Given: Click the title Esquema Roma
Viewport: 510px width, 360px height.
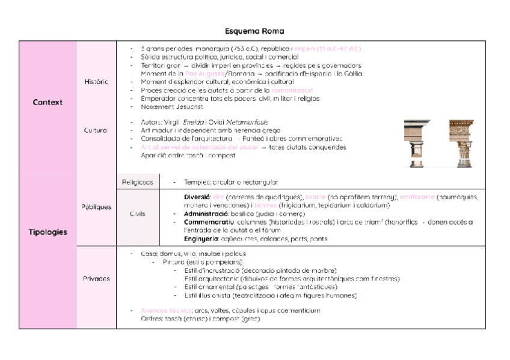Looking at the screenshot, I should (254, 31).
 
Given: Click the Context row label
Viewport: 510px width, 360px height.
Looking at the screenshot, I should (48, 102).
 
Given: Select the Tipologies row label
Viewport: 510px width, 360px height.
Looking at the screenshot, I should (48, 232).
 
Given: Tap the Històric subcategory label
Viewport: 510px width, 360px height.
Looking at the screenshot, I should (96, 82).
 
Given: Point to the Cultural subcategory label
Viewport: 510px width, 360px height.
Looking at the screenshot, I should (96, 130).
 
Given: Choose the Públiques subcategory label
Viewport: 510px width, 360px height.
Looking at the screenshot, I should (96, 207).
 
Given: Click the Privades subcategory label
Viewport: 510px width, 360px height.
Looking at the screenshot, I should (96, 279).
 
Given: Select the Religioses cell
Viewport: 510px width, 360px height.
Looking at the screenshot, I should (138, 182).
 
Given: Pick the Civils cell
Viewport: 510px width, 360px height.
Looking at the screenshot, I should (138, 213).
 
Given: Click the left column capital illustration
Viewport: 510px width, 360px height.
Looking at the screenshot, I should (417, 143).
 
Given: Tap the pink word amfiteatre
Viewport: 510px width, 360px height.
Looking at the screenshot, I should (417, 197).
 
